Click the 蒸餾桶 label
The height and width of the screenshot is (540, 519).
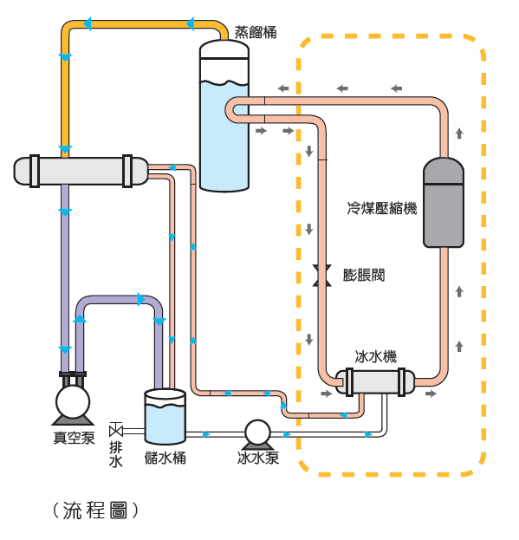point(256,32)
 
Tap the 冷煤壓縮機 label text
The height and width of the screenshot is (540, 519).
point(382,208)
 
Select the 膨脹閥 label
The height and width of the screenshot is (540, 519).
point(363,275)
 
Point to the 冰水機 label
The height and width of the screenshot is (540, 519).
point(375,356)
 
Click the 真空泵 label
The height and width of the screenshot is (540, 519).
point(74,438)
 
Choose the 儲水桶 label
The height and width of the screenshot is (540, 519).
point(165,458)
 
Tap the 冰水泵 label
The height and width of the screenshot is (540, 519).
point(258,458)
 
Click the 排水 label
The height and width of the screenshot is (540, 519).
point(115,454)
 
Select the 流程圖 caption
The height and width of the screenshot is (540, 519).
point(95,511)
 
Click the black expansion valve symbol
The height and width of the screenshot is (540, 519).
point(321,276)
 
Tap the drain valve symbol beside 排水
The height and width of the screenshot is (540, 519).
point(115,430)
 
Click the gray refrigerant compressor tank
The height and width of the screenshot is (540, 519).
point(444,203)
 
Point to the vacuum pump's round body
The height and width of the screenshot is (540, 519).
point(73,402)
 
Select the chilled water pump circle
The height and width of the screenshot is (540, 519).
point(257,433)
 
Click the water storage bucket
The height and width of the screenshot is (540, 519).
point(165,416)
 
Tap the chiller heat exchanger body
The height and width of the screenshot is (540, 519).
point(375,382)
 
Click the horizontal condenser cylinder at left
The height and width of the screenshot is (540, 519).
point(81,171)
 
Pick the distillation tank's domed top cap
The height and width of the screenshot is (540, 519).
point(224,49)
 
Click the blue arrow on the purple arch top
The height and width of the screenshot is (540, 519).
point(141,300)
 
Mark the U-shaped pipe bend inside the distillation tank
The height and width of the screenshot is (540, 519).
point(229,110)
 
